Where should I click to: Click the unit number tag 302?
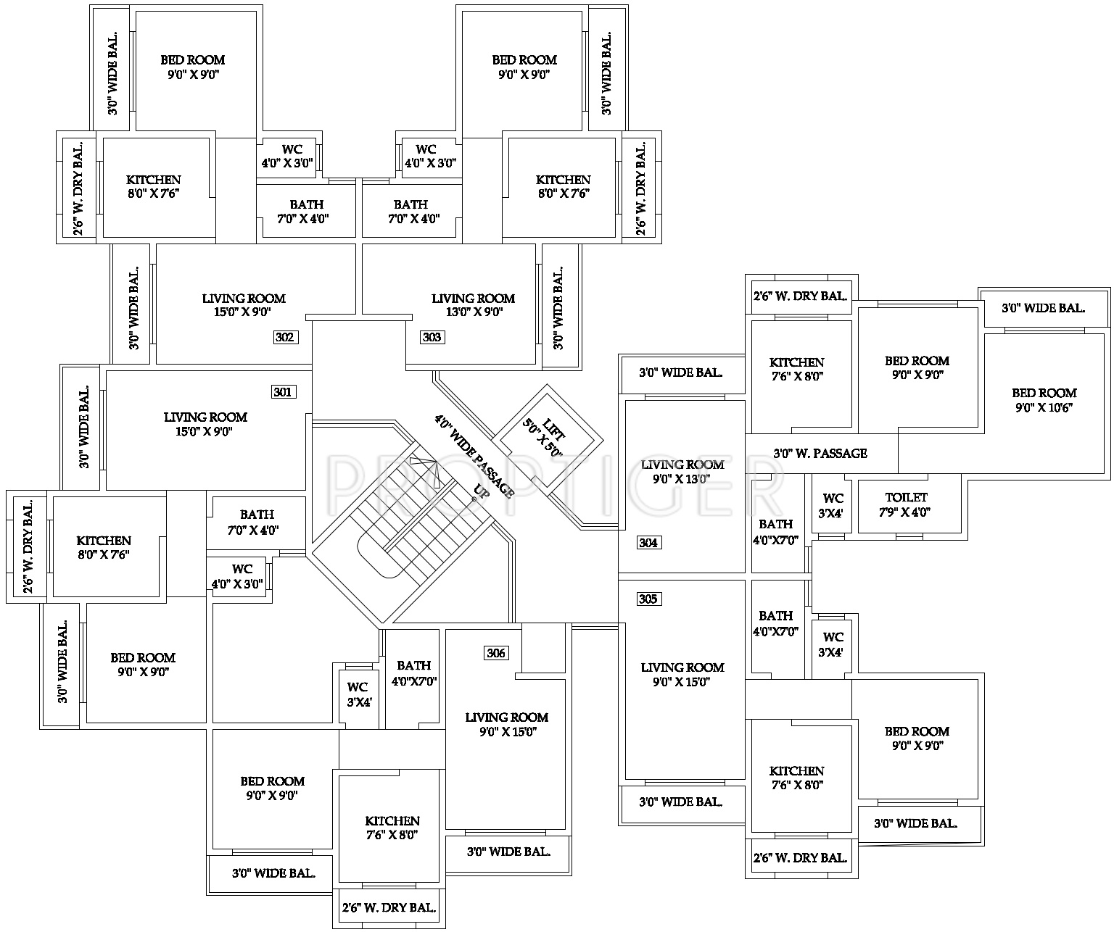pos(285,337)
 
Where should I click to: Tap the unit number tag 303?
pos(432,337)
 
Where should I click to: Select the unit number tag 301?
pos(282,392)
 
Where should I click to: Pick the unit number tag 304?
pos(648,543)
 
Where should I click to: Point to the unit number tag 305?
pos(648,599)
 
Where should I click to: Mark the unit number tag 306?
pos(496,654)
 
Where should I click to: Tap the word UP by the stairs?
pos(479,492)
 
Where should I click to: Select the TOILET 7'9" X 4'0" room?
pos(907,504)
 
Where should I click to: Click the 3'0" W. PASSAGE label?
pos(820,454)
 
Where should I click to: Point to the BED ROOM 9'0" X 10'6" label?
pos(1044,400)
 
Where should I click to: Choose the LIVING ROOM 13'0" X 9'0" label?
pos(473,305)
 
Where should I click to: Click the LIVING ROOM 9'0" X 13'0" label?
pos(682,471)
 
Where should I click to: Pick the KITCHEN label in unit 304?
pos(797,369)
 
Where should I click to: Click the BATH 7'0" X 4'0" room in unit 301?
pos(257,522)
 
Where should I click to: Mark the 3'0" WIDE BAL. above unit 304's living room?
pos(680,373)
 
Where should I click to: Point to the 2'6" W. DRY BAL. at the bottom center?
pos(389,907)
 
